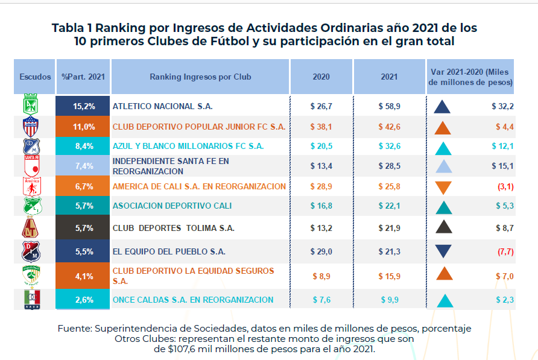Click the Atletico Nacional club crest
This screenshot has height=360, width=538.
tap(31, 106)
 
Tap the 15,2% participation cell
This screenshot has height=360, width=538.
tap(84, 106)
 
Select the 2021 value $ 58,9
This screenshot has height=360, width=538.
tap(389, 106)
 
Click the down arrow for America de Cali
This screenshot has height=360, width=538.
tap(443, 187)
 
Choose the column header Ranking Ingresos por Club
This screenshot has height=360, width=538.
tap(200, 77)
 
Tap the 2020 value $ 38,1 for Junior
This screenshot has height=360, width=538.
tap(321, 127)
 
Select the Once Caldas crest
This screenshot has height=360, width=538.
tap(31, 300)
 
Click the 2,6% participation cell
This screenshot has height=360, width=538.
tap(84, 300)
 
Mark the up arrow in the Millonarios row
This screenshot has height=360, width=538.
tap(443, 148)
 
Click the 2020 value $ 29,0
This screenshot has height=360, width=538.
tap(321, 251)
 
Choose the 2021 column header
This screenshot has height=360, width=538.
tap(389, 77)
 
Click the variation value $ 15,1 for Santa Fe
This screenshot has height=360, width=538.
tap(502, 166)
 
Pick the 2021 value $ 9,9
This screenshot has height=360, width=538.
tap(389, 300)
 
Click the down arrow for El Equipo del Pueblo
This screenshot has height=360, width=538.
tap(443, 251)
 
